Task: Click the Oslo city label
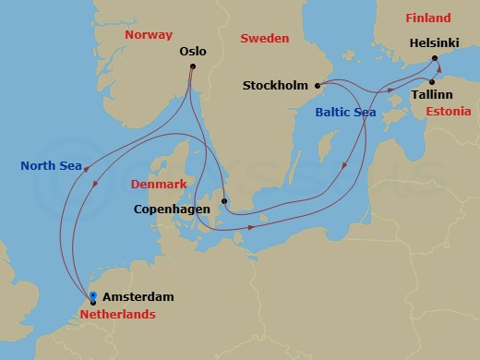pos(195,54)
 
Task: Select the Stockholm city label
pos(275,86)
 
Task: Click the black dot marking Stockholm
pos(318,86)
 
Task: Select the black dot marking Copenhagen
pos(224,200)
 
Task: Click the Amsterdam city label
pos(138,297)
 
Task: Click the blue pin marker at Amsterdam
pos(93,297)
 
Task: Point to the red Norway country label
pos(150,34)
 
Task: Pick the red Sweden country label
pos(265,38)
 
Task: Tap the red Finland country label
pos(428,18)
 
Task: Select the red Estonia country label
pos(450,111)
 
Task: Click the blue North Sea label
pos(52,167)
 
